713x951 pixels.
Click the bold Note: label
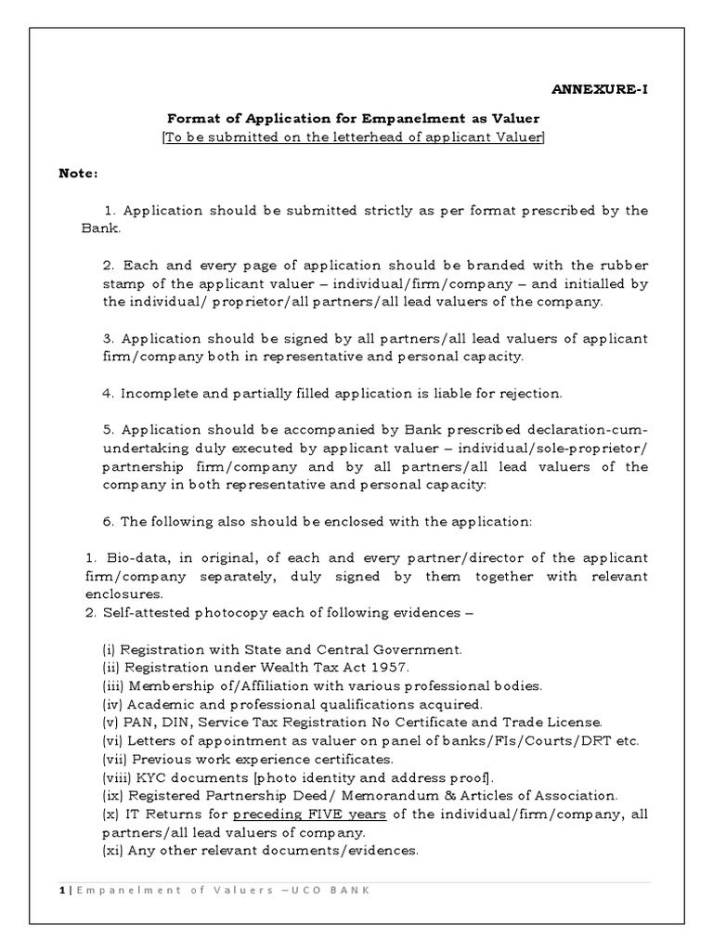[78, 173]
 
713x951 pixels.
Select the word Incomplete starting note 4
[156, 394]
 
